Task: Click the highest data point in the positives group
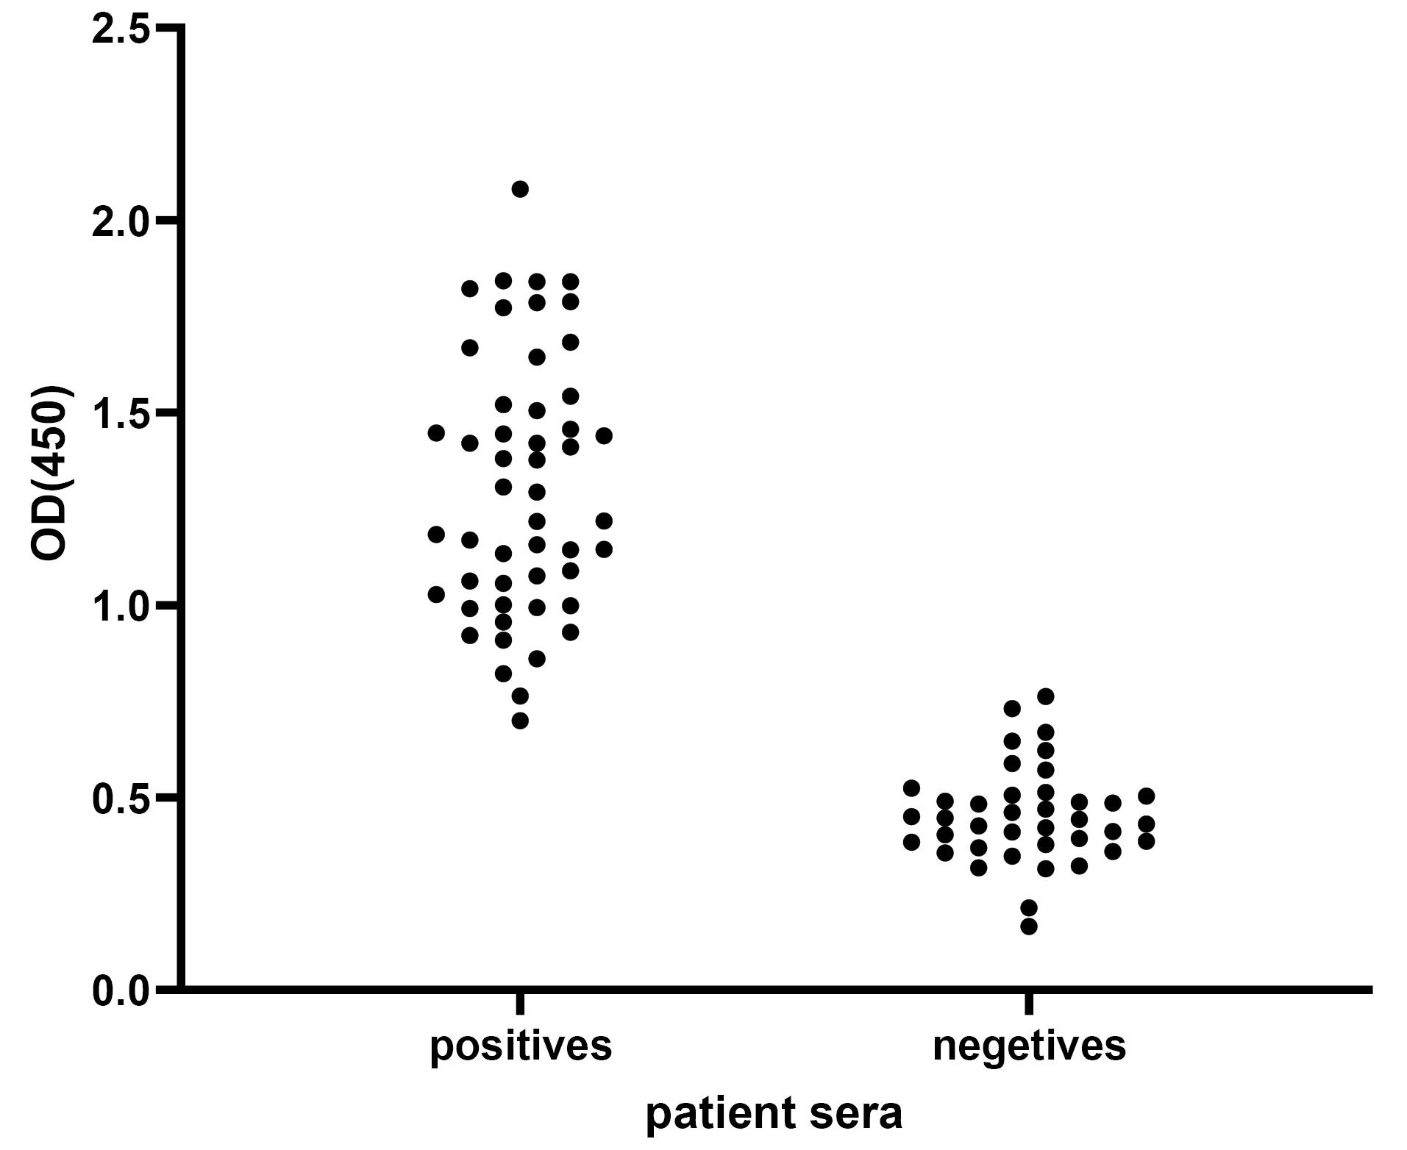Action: coord(520,189)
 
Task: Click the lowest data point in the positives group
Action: coord(520,721)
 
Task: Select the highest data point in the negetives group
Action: coord(1046,696)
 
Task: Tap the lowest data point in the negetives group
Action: coord(1029,926)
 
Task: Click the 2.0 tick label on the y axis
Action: coord(121,221)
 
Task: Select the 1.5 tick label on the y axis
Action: coord(121,413)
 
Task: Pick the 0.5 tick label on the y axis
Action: coord(121,798)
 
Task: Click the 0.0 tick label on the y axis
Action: coord(121,990)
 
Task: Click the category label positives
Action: coord(521,1046)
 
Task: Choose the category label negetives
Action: coord(1029,1046)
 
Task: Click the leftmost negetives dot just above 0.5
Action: coord(911,788)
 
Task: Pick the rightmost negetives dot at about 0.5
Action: coord(1146,796)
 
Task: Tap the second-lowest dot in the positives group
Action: coord(520,696)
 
